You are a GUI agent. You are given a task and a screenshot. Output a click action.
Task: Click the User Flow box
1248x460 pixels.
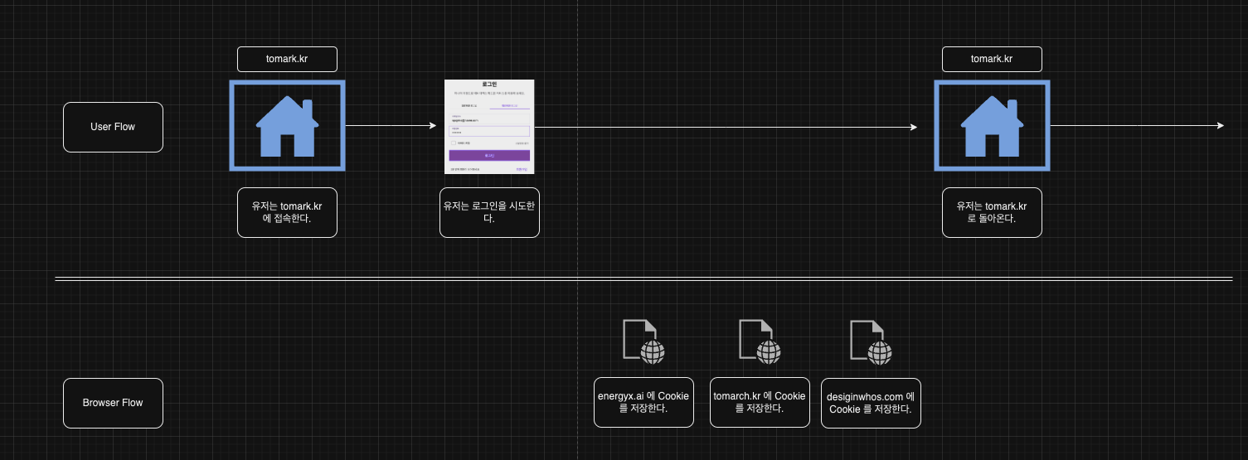pyautogui.click(x=113, y=127)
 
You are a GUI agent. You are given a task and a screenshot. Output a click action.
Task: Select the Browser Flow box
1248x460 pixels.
pyautogui.click(x=113, y=403)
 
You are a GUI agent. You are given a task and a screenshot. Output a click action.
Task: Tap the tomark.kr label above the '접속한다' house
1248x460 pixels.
pyautogui.click(x=287, y=59)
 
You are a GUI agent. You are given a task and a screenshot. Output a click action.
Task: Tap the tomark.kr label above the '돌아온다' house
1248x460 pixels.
pyautogui.click(x=992, y=59)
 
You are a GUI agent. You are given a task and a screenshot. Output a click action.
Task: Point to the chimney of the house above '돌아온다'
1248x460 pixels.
pyautogui.click(x=1012, y=109)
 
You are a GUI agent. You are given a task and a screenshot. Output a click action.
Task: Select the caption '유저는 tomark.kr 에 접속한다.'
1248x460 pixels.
pyautogui.click(x=287, y=212)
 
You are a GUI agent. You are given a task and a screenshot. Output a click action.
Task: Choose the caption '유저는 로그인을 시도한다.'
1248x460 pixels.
pyautogui.click(x=489, y=212)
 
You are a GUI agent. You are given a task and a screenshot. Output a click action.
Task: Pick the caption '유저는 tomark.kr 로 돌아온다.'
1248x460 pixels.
pyautogui.click(x=992, y=212)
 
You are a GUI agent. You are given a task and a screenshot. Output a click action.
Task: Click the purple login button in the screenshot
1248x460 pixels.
pyautogui.click(x=489, y=155)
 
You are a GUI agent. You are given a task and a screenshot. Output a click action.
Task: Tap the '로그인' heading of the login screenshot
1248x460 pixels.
pyautogui.click(x=489, y=85)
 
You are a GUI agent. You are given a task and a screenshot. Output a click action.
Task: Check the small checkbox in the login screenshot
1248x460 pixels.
pyautogui.click(x=452, y=143)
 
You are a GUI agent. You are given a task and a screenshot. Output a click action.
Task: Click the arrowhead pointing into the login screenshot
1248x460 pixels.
pyautogui.click(x=432, y=126)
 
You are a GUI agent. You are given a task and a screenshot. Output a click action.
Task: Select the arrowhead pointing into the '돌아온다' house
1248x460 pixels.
pyautogui.click(x=913, y=127)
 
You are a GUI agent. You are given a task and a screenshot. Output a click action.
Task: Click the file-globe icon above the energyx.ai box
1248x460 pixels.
pyautogui.click(x=643, y=341)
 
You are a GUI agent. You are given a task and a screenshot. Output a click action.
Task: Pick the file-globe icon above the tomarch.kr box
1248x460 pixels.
pyautogui.click(x=760, y=341)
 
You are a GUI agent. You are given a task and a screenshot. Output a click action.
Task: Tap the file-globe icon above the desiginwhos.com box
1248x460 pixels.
pyautogui.click(x=871, y=341)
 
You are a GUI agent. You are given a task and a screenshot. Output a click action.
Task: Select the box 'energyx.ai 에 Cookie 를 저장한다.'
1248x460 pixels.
pyautogui.click(x=643, y=402)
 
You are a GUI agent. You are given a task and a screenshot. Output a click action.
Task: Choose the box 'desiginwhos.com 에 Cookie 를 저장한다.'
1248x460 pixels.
pyautogui.click(x=871, y=403)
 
